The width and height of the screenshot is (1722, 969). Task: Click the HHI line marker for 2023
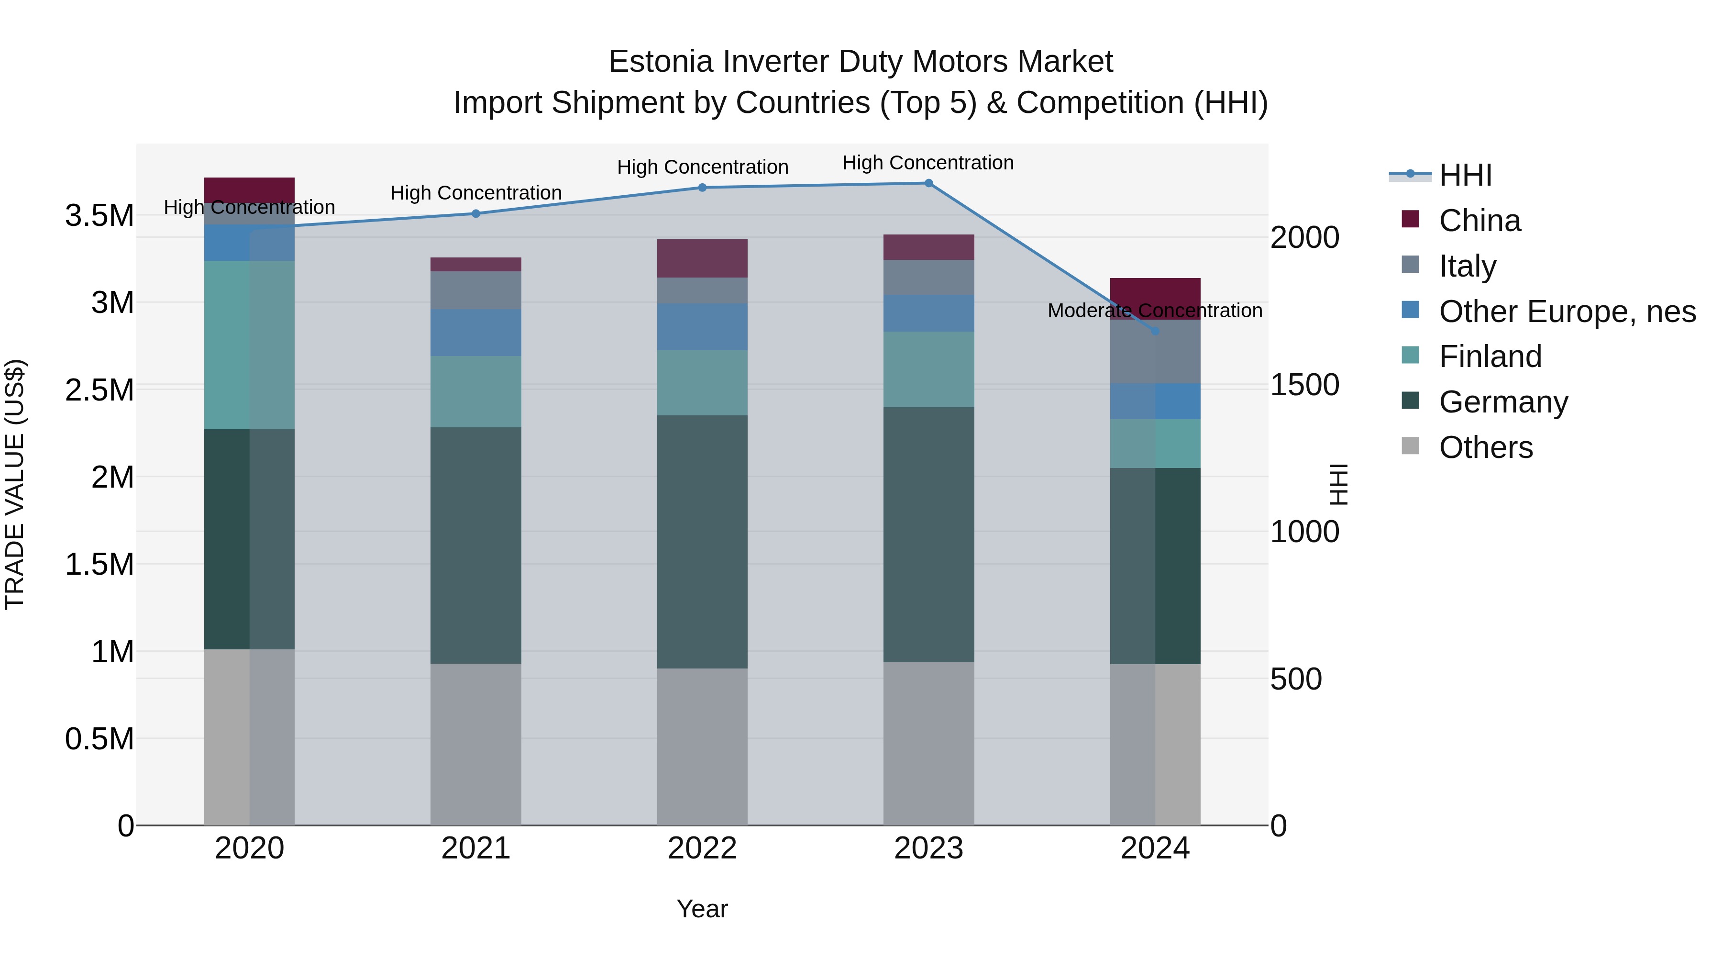click(x=928, y=183)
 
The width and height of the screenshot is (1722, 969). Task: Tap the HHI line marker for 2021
click(x=476, y=214)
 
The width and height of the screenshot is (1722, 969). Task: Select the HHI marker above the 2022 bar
click(x=702, y=188)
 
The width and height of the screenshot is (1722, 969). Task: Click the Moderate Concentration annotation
click(x=1155, y=311)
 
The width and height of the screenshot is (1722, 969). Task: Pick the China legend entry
click(x=1479, y=221)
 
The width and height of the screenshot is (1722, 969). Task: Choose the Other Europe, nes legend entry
click(x=1567, y=312)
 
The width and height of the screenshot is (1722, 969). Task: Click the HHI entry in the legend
click(x=1465, y=175)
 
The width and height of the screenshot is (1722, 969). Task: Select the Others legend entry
click(x=1485, y=447)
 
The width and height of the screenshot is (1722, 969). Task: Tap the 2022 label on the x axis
click(x=702, y=848)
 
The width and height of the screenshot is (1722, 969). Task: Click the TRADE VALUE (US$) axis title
click(x=15, y=484)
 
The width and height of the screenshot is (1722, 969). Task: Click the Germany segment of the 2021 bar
click(x=476, y=545)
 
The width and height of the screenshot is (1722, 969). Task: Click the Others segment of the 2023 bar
click(x=928, y=744)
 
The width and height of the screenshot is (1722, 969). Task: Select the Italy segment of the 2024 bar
click(x=1155, y=352)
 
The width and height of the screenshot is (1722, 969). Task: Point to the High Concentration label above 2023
click(x=928, y=163)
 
